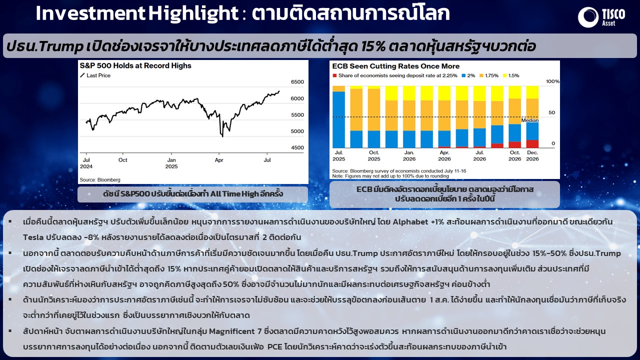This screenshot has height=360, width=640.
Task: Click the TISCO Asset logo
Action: [601, 17]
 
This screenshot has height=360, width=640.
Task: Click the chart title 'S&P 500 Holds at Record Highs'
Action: [135, 65]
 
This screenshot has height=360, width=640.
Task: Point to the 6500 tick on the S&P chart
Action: [297, 81]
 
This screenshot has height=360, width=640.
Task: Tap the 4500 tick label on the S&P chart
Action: [297, 147]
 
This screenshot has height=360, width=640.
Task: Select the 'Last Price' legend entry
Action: [95, 75]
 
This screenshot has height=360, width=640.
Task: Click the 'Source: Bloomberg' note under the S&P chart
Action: [100, 179]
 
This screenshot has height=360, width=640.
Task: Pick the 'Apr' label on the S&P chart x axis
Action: [219, 160]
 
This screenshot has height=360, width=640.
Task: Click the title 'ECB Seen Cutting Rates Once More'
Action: [395, 66]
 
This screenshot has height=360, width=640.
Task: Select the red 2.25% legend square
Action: [334, 75]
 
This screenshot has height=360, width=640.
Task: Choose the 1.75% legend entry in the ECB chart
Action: [489, 75]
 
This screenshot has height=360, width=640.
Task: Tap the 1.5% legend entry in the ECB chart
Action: [511, 75]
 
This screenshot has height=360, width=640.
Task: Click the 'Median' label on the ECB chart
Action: [529, 120]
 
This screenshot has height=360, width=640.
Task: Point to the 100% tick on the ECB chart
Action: [552, 81]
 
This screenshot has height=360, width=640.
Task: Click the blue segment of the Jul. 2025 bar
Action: [338, 119]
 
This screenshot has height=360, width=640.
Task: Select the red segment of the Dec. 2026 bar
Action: [532, 144]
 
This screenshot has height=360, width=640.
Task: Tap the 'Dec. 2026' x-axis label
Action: [532, 155]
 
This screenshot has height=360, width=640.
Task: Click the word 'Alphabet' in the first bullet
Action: [410, 222]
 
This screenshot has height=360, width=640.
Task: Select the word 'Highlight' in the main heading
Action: [193, 13]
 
